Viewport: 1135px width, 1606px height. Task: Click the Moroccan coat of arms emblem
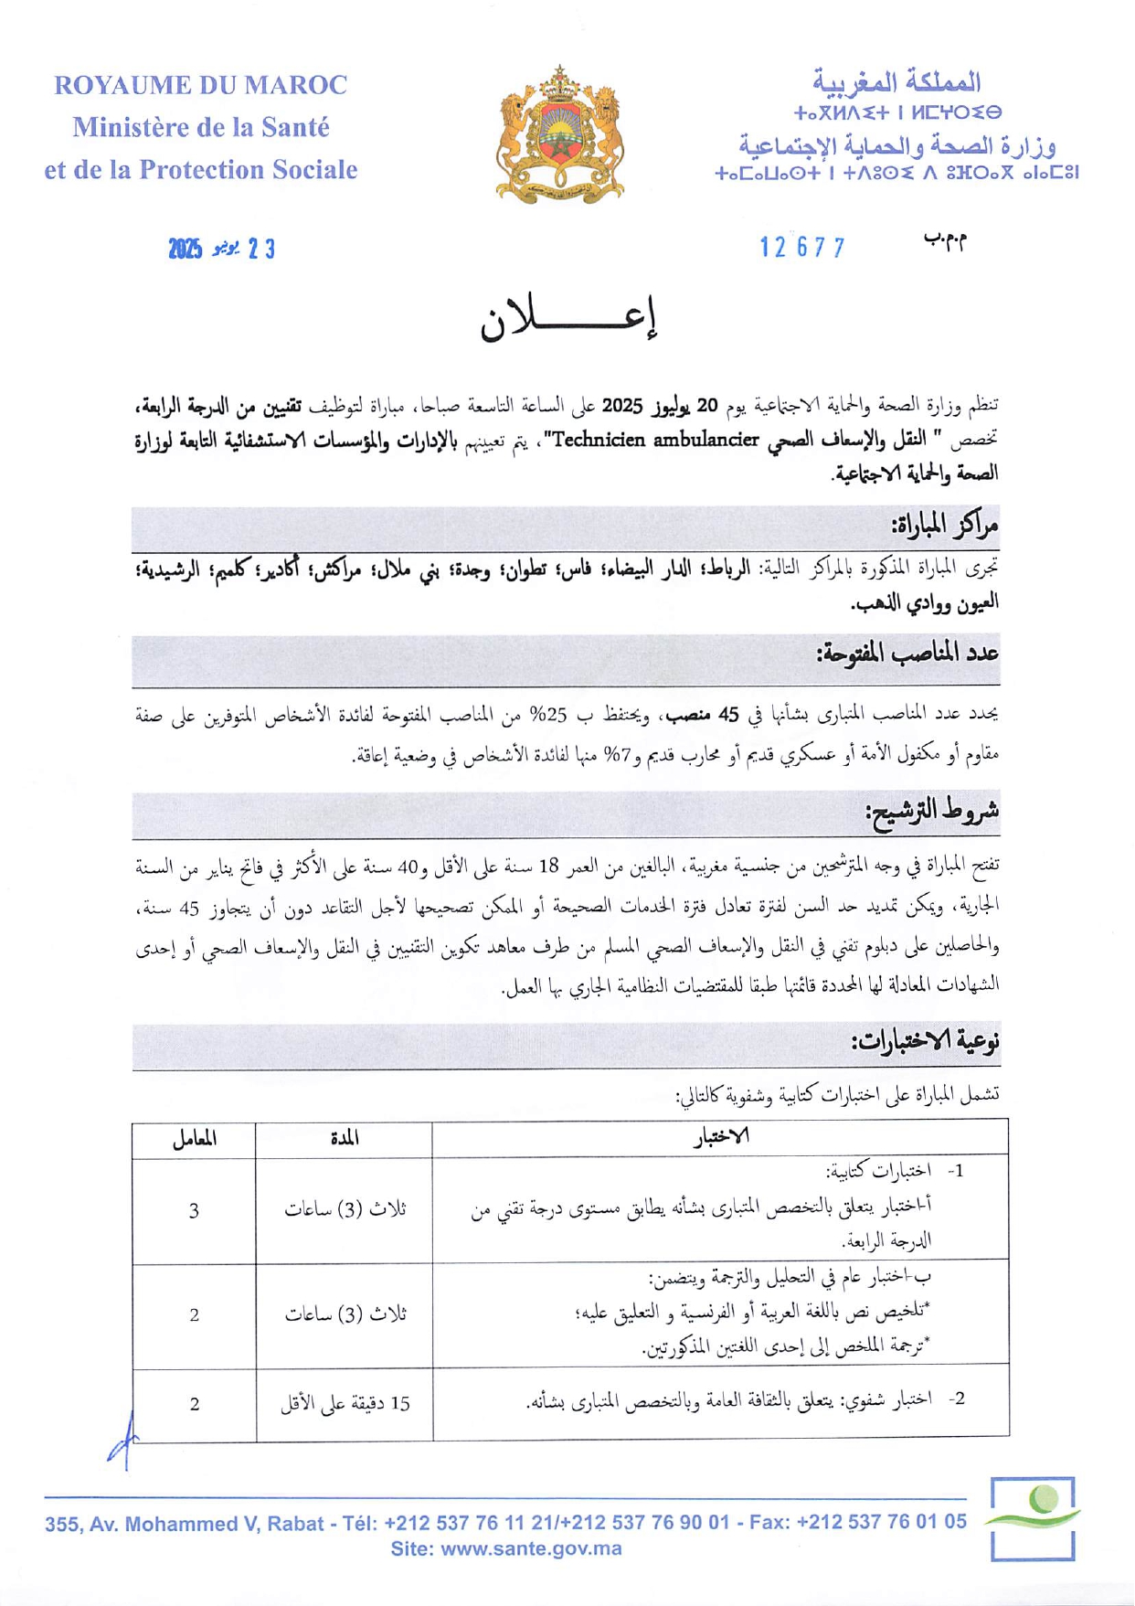[559, 135]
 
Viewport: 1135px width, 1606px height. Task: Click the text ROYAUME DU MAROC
[201, 86]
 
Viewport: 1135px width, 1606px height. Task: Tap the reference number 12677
[802, 248]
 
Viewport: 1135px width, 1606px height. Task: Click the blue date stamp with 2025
[221, 249]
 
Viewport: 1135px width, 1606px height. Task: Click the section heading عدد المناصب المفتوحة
[907, 654]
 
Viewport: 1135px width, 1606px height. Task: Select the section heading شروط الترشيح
[932, 811]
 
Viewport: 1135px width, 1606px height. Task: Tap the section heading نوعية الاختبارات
[925, 1041]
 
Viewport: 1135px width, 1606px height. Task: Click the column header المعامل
[194, 1139]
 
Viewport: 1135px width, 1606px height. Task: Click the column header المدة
[345, 1138]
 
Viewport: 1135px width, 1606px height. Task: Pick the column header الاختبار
[721, 1136]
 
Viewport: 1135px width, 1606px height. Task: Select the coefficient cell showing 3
[194, 1211]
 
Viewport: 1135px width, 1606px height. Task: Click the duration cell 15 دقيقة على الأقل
[345, 1403]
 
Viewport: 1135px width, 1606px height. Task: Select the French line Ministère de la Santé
[201, 128]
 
